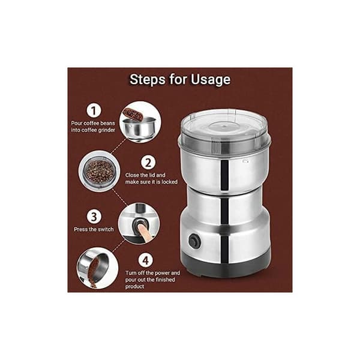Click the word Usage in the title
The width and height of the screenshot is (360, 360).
point(211,80)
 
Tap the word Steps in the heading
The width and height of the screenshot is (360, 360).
point(148,79)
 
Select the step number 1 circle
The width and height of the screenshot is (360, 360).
point(94,110)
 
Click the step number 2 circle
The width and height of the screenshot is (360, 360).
point(148,163)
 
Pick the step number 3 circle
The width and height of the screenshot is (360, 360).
point(94,217)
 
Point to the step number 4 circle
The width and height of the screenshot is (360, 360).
point(146,260)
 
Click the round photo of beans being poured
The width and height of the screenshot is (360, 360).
point(140,122)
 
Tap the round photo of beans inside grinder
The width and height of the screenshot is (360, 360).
point(99,171)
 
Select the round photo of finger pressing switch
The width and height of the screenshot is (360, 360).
point(139,223)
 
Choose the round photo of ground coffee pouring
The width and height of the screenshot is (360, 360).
point(97,268)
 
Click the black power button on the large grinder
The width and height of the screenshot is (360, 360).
point(194,241)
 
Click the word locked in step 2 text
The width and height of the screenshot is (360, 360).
point(169,182)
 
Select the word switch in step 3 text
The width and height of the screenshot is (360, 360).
point(106,229)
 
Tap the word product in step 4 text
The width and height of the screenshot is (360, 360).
point(135,287)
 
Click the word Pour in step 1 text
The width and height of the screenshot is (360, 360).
point(76,123)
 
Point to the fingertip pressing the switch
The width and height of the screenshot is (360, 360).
point(140,228)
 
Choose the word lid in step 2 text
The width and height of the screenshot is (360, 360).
point(152,175)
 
